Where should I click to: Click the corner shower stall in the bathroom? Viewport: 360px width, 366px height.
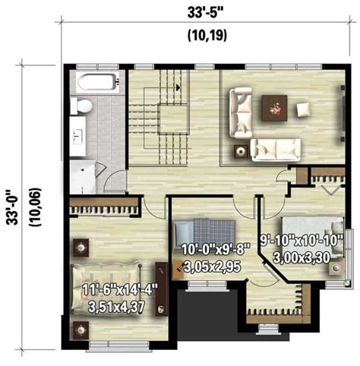click(x=84, y=172)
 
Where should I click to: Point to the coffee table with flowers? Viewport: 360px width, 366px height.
click(x=274, y=107)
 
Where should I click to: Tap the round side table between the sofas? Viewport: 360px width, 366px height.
click(x=241, y=150)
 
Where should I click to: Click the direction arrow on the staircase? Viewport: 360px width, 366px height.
click(x=178, y=88)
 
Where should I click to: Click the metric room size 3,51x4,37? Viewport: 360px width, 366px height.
click(x=115, y=308)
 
